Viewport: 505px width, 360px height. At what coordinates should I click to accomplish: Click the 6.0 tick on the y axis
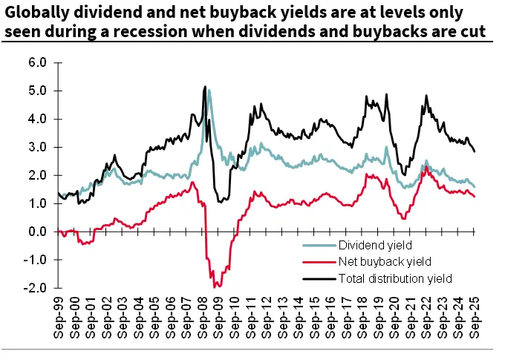[x=38, y=62]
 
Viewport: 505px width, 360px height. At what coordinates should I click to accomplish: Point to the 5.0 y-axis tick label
[x=38, y=91]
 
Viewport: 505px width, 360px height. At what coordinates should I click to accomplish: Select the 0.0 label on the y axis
[x=38, y=232]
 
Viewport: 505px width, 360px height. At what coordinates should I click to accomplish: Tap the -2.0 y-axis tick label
[x=36, y=288]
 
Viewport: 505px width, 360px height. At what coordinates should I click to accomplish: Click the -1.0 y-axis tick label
[x=36, y=260]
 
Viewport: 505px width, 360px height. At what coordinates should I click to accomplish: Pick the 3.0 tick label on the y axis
[x=38, y=147]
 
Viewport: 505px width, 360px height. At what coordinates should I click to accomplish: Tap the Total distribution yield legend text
[x=394, y=278]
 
